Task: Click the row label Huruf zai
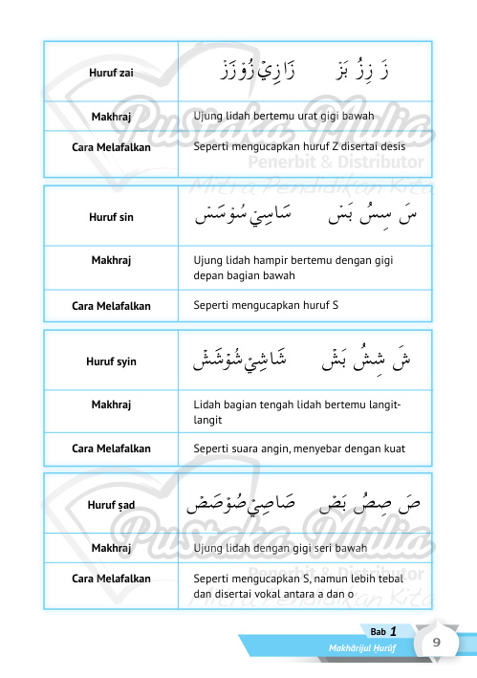point(111,73)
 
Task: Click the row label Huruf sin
point(111,217)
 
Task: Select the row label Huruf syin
point(111,361)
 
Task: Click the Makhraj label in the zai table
point(111,117)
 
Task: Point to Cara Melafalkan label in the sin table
point(111,306)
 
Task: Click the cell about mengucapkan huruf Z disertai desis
point(299,146)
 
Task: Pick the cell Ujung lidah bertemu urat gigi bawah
point(283,117)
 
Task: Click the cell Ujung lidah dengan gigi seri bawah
point(280,548)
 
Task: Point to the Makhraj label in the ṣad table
point(111,548)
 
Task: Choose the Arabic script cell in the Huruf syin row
point(305,361)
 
